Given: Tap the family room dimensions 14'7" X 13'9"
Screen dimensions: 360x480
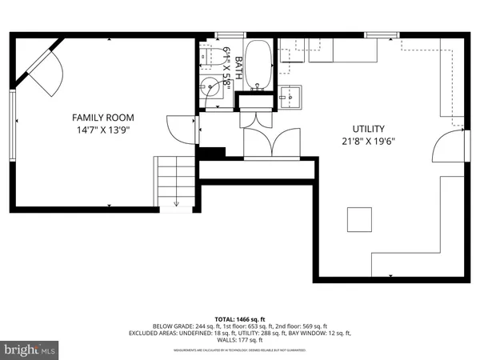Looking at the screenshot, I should (103, 129).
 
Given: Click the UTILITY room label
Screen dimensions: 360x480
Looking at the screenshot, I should (369, 129).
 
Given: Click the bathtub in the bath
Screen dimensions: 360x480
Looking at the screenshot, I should (257, 66).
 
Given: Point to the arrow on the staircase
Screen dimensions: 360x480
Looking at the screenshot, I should (176, 203).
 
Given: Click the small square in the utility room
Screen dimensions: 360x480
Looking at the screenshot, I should (359, 218).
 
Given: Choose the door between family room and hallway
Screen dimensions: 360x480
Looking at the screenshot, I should (179, 129).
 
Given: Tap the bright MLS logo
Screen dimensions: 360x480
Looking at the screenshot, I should (30, 350).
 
